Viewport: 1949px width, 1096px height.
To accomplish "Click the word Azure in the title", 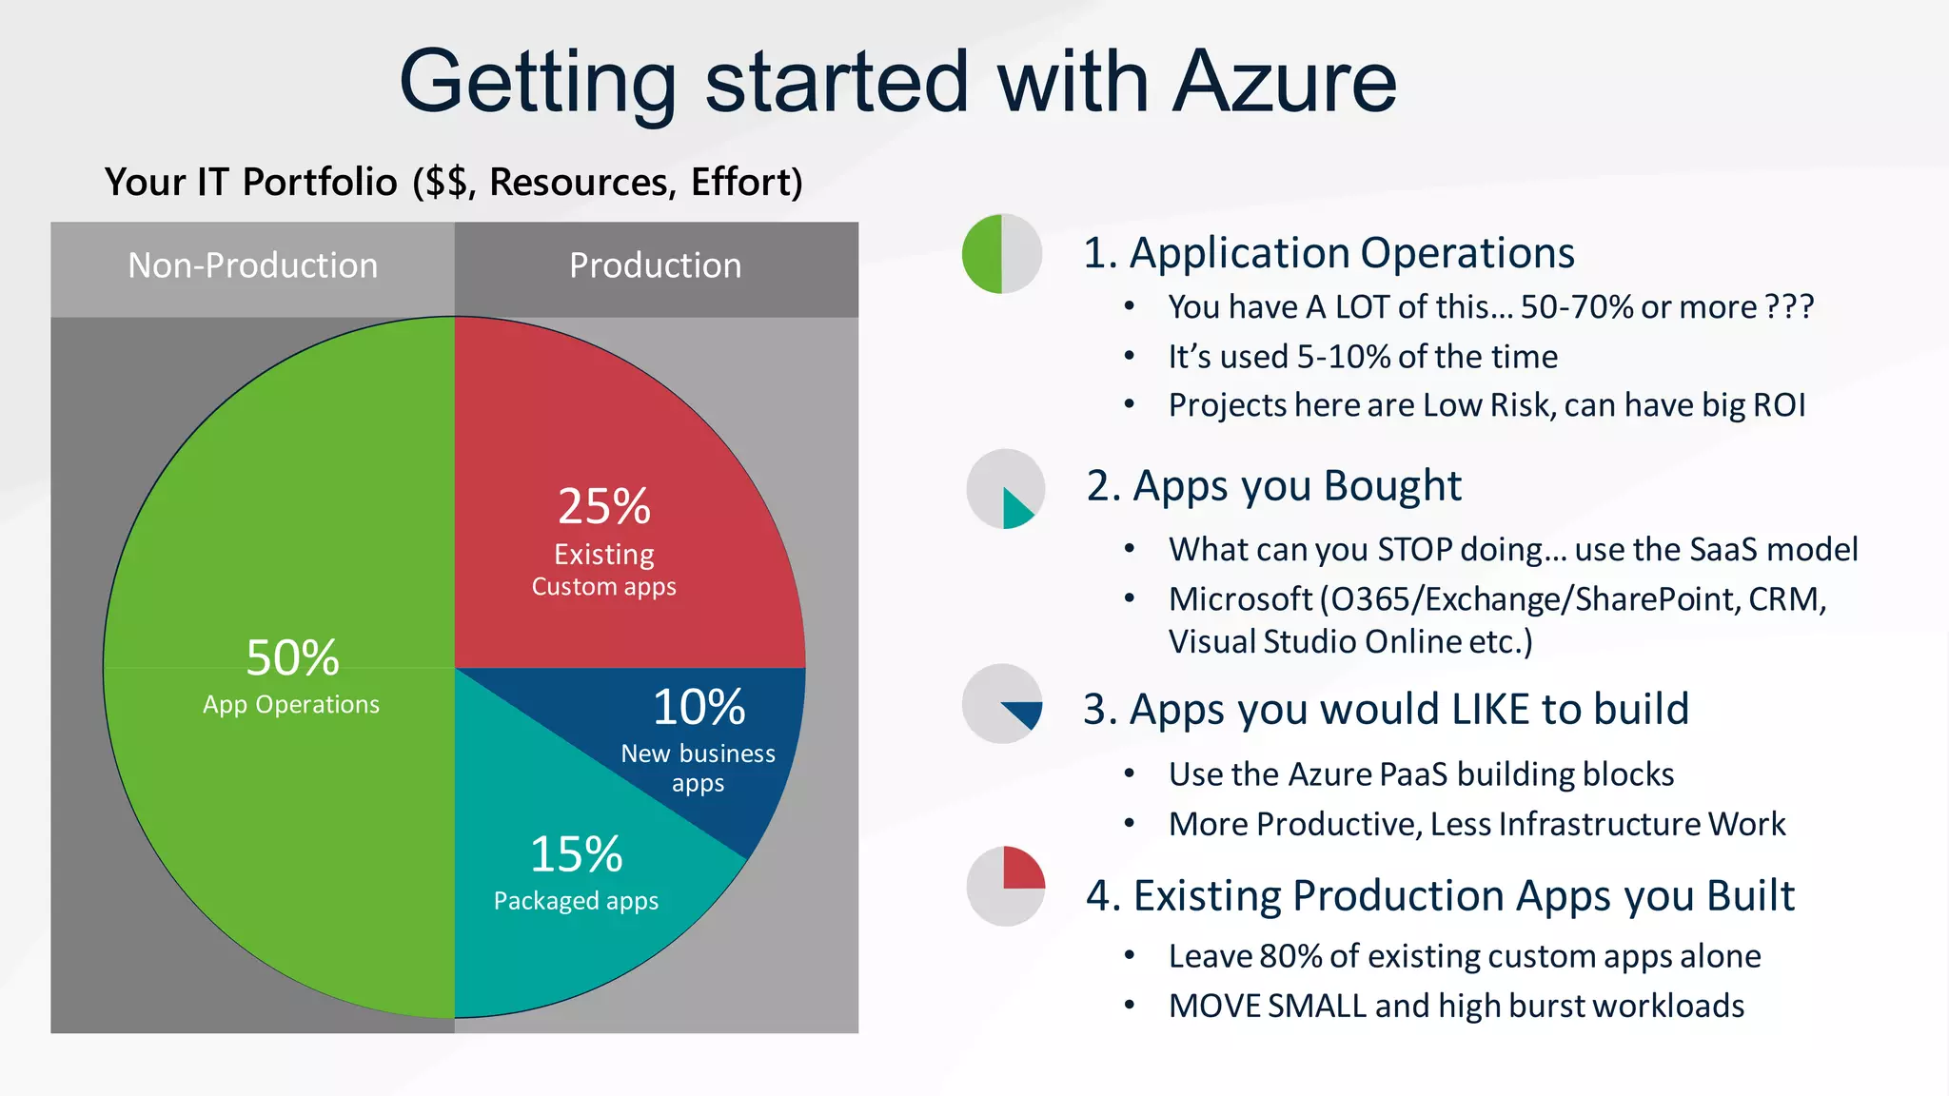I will pos(1284,82).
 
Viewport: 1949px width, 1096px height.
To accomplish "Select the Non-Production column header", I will pos(252,265).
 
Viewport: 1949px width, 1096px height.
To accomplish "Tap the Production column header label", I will pos(655,265).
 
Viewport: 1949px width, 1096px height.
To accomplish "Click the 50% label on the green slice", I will pos(292,657).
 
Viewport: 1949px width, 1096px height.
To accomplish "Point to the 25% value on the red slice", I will pos(604,506).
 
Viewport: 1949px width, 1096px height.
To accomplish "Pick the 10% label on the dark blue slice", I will pos(699,707).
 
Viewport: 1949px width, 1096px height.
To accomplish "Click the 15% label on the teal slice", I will pos(576,854).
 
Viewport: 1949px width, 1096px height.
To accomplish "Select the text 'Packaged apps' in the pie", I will pos(576,900).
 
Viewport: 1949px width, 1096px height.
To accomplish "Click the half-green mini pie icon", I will pos(1002,254).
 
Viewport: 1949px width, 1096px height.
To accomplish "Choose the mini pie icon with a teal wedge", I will pos(1006,489).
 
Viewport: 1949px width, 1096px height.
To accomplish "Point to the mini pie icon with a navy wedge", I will pos(1002,704).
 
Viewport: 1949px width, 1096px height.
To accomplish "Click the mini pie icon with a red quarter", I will pos(1006,887).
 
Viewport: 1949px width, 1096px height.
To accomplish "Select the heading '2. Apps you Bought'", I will pos(1273,486).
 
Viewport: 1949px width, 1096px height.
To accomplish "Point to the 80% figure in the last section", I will pos(1290,956).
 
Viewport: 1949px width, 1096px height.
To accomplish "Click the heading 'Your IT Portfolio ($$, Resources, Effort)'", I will pos(454,182).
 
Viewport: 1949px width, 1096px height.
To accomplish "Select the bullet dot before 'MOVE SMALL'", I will pos(1130,1005).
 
